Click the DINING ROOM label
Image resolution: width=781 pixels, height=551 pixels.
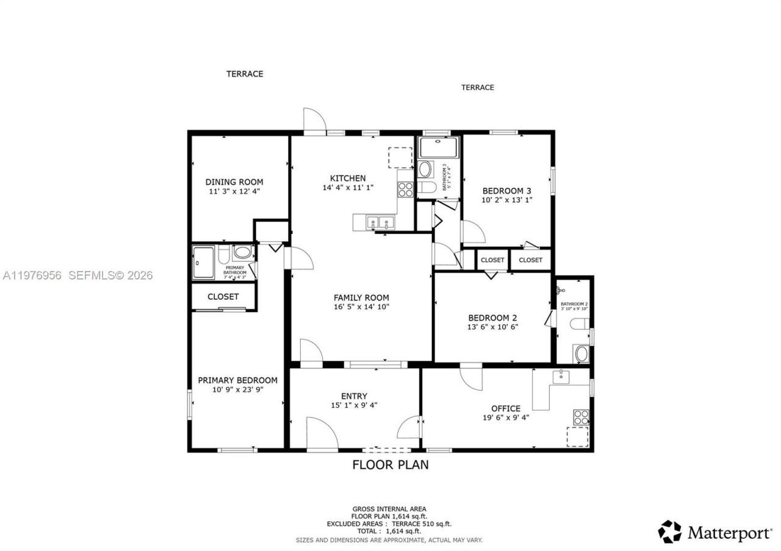coord(234,182)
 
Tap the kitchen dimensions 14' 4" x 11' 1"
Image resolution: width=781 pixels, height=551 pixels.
coord(348,188)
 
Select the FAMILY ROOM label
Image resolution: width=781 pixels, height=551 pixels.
coord(361,297)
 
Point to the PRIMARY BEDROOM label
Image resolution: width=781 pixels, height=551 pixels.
coord(237,380)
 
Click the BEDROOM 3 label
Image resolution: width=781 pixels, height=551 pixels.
coord(507,190)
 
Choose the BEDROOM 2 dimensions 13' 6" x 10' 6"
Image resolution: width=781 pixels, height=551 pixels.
coord(492,327)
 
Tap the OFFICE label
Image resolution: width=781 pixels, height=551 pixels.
coord(506,408)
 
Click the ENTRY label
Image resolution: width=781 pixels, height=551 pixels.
coord(354,396)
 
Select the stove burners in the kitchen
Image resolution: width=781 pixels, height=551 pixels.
coord(405,190)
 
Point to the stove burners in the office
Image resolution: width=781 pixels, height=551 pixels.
coord(581,418)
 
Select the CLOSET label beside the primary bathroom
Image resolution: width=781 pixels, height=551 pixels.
coord(223,297)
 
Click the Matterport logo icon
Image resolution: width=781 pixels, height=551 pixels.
coord(669,531)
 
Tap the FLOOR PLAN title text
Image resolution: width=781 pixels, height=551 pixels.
coord(390,465)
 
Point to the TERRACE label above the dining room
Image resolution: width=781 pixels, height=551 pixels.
coord(245,74)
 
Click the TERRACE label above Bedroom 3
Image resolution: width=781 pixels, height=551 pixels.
coord(477,87)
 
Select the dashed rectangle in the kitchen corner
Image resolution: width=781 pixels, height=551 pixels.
coord(400,157)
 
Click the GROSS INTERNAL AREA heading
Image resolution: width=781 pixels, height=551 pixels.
coord(389,508)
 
